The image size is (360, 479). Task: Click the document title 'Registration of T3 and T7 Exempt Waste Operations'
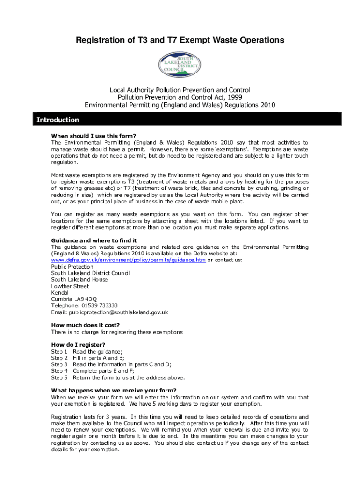pyautogui.click(x=180, y=41)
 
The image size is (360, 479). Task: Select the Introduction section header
pyautogui.click(x=58, y=120)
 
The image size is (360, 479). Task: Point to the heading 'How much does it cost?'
pyautogui.click(x=85, y=325)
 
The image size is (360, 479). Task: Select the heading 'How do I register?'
pyautogui.click(x=78, y=345)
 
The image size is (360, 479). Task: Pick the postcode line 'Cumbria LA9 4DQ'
pyautogui.click(x=74, y=299)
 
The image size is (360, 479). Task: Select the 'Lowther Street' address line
pyautogui.click(x=70, y=286)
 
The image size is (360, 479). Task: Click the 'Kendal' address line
pyautogui.click(x=59, y=292)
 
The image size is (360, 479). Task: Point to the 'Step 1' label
pyautogui.click(x=59, y=351)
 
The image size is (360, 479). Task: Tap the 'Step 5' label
pyautogui.click(x=59, y=377)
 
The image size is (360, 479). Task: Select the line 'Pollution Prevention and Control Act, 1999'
pyautogui.click(x=180, y=97)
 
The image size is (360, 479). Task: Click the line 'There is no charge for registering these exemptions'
pyautogui.click(x=117, y=332)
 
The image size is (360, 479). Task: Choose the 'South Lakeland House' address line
pyautogui.click(x=79, y=279)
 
